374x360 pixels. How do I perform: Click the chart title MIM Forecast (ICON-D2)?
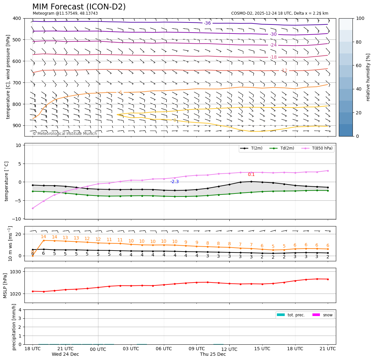[79, 7]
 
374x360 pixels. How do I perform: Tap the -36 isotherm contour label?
[207, 23]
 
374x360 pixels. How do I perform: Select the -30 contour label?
[273, 34]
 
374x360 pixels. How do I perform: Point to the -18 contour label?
[273, 57]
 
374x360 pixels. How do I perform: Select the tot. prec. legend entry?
[291, 315]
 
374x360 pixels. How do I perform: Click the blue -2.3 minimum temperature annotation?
[175, 181]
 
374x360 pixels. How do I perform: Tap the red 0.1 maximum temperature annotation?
[251, 174]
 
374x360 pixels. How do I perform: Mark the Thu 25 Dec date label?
[213, 354]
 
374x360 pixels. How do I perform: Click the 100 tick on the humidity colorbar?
[360, 18]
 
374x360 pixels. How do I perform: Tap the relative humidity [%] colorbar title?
[368, 77]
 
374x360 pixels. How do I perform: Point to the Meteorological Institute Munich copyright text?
[65, 134]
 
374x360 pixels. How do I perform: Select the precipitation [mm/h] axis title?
[14, 327]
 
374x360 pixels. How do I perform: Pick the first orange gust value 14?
[43, 237]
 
